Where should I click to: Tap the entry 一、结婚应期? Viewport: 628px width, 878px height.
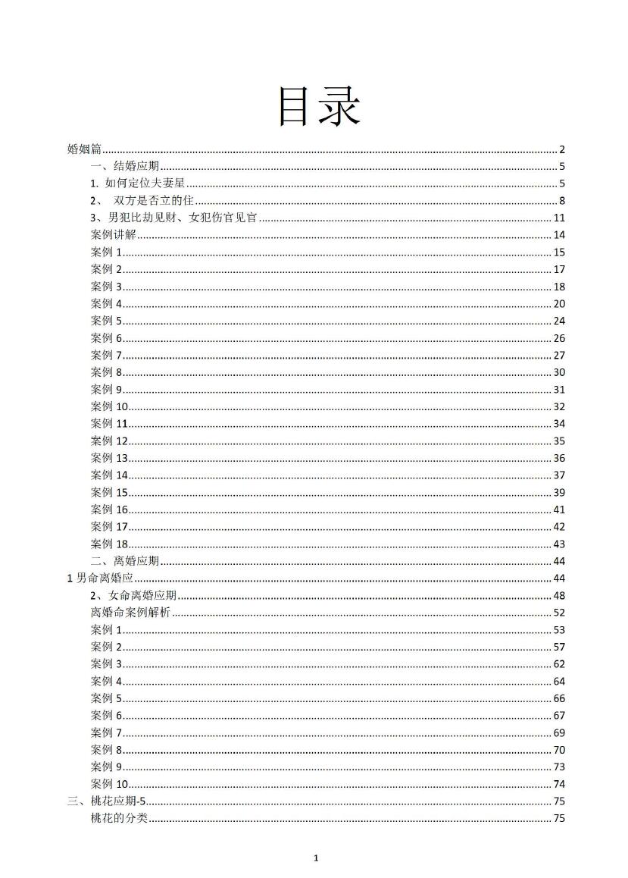[x=125, y=167]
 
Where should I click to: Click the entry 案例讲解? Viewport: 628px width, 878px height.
[x=113, y=235]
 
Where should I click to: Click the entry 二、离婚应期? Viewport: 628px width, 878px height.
[x=125, y=561]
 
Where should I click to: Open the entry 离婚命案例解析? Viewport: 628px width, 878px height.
[x=130, y=613]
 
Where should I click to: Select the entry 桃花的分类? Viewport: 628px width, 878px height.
[x=119, y=818]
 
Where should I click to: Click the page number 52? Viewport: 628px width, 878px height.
[x=560, y=613]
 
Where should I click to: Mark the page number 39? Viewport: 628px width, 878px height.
[x=560, y=493]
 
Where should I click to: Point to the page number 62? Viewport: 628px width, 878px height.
[x=560, y=664]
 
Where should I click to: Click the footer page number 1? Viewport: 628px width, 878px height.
[x=316, y=858]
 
